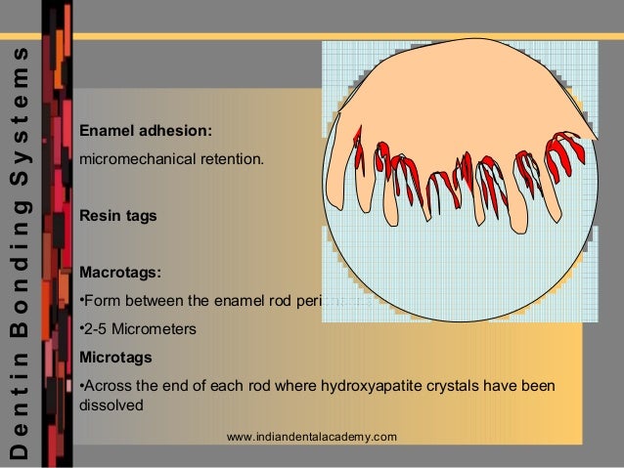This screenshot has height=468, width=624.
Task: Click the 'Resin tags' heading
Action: [117, 216]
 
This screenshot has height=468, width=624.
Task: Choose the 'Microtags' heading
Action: [110, 356]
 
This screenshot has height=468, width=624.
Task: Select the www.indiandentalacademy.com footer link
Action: [311, 436]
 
